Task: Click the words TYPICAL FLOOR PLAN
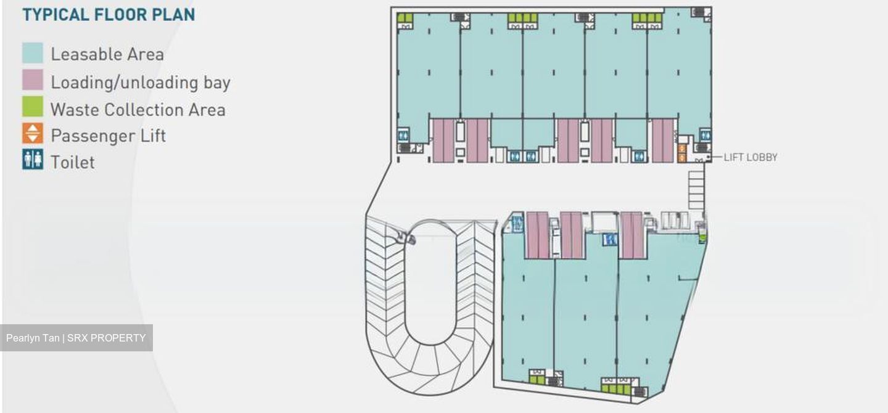click(x=109, y=15)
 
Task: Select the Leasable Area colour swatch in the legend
click(x=33, y=53)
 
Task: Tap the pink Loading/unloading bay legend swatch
click(x=33, y=80)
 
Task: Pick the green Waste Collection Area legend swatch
click(x=33, y=107)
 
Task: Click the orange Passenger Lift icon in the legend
click(x=33, y=133)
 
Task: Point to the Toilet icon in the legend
click(x=33, y=160)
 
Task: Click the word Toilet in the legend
click(x=73, y=162)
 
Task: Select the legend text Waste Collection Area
click(x=138, y=110)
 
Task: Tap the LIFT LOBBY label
click(x=750, y=157)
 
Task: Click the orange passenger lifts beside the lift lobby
click(x=682, y=153)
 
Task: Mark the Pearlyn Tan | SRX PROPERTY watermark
click(x=76, y=338)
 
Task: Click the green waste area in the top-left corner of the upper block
click(x=405, y=18)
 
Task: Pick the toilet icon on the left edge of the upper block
click(x=403, y=135)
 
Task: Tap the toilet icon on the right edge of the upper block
click(x=705, y=135)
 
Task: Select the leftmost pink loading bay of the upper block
click(x=443, y=141)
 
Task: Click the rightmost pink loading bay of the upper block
click(x=663, y=141)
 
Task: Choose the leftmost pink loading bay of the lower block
click(x=538, y=235)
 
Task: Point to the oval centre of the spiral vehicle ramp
click(x=430, y=282)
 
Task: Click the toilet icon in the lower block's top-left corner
click(x=517, y=224)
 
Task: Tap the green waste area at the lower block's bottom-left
click(x=536, y=380)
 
